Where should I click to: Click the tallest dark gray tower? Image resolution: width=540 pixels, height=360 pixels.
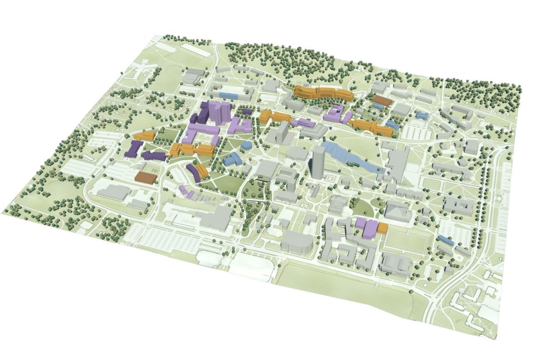click(x=318, y=162)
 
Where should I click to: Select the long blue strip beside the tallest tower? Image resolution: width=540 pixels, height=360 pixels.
click(x=351, y=157)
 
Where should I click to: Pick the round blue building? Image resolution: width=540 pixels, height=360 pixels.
click(x=246, y=145)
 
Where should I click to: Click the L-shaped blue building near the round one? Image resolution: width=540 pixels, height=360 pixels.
click(x=232, y=158)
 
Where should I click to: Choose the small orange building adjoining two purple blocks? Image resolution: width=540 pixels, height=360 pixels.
click(x=382, y=228)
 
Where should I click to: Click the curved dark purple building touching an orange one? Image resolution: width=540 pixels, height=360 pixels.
click(x=193, y=171)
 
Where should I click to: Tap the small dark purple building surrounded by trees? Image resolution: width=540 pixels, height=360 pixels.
click(x=246, y=111)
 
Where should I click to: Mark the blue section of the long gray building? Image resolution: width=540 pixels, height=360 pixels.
click(x=228, y=95)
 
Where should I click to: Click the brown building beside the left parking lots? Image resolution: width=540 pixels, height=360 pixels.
click(x=145, y=177)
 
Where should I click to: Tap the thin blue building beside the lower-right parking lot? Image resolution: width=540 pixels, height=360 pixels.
click(x=445, y=240)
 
